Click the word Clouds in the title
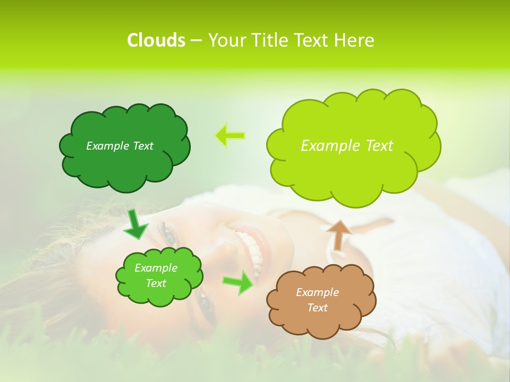(156, 40)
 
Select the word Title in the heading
(267, 40)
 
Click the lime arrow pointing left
(230, 135)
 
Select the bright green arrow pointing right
(237, 282)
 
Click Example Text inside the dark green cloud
(120, 146)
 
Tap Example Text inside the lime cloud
(347, 146)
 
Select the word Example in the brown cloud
(317, 292)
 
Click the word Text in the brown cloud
(317, 308)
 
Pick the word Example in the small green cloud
(156, 268)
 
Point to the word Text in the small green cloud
(156, 283)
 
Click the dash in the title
(195, 41)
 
